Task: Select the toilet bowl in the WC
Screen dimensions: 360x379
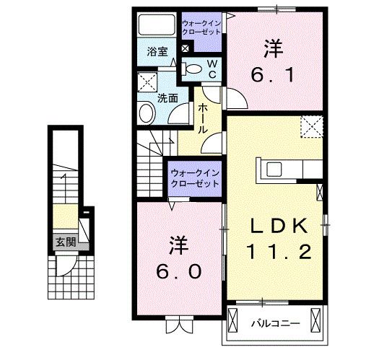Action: [x=193, y=69]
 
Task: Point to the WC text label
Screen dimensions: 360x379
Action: [x=213, y=69]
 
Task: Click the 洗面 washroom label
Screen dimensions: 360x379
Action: [x=168, y=97]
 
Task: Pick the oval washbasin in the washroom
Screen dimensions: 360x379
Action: [x=146, y=113]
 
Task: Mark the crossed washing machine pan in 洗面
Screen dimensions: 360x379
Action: [x=149, y=81]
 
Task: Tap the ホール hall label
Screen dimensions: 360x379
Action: [x=203, y=118]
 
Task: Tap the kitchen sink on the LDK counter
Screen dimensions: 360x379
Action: [x=274, y=170]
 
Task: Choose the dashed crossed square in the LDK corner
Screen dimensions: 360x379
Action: [x=312, y=128]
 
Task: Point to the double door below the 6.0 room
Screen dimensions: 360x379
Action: [x=178, y=326]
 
